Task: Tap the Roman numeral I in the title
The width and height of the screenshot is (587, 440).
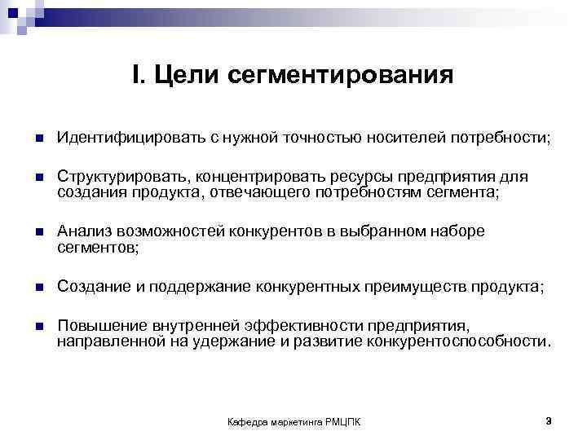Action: click(x=136, y=77)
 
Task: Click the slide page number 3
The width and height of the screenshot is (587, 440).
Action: click(x=549, y=420)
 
